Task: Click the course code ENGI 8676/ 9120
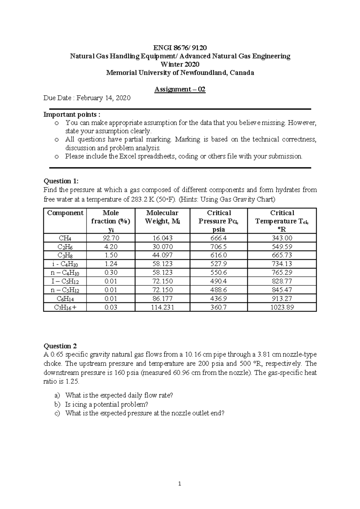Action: pyautogui.click(x=180, y=48)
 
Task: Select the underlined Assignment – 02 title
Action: pyautogui.click(x=180, y=89)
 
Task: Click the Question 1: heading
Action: pyautogui.click(x=61, y=181)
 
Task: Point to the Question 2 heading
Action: pyautogui.click(x=60, y=346)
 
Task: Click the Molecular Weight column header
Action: pyautogui.click(x=162, y=217)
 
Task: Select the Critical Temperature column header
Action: pyautogui.click(x=282, y=221)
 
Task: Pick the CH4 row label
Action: pyautogui.click(x=65, y=238)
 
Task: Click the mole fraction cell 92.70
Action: pyautogui.click(x=111, y=238)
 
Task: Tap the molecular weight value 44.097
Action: pyautogui.click(x=162, y=255)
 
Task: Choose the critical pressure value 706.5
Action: pyautogui.click(x=219, y=247)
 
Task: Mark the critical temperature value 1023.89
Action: pyautogui.click(x=282, y=307)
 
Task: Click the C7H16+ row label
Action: pyautogui.click(x=65, y=307)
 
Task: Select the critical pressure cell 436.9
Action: pyautogui.click(x=219, y=299)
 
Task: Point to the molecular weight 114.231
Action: pyautogui.click(x=162, y=307)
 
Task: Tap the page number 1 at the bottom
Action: pyautogui.click(x=179, y=484)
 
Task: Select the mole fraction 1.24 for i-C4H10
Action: pyautogui.click(x=111, y=264)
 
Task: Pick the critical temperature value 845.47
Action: pyautogui.click(x=282, y=290)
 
